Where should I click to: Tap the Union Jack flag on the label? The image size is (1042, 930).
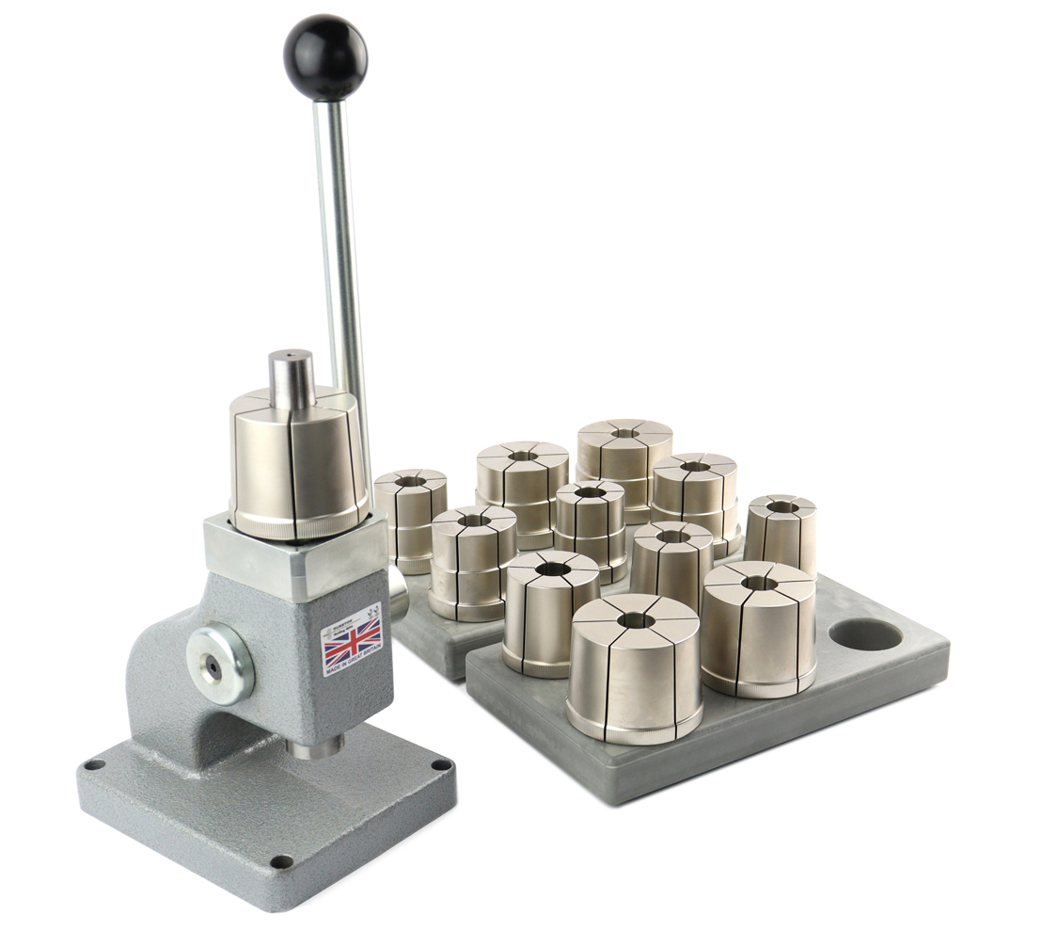tap(351, 645)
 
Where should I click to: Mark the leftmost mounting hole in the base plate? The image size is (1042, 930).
tap(92, 764)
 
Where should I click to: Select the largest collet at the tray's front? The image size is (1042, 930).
tap(634, 668)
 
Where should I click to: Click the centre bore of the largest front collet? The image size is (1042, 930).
tap(635, 618)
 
